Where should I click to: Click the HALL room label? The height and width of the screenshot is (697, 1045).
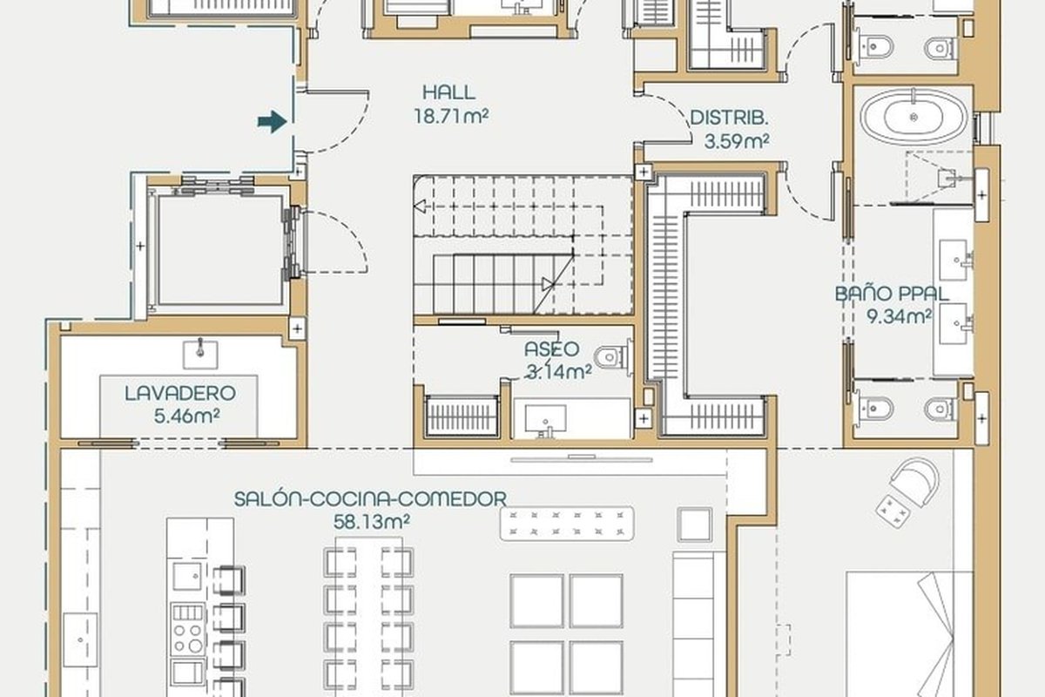pos(448,92)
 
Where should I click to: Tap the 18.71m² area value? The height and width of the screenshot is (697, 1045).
pos(451,116)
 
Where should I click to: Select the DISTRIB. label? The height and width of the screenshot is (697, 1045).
pos(729,118)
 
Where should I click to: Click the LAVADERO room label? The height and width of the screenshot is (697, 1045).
pos(180,394)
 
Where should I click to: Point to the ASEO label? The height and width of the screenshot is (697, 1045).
pos(551,349)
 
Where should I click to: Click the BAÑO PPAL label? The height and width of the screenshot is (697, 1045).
pos(892,294)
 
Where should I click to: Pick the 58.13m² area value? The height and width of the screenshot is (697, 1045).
pos(372,522)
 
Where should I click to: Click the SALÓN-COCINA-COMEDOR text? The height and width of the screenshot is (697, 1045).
pos(370,499)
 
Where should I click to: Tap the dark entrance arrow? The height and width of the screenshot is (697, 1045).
pos(272,122)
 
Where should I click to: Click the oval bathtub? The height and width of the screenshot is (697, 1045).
pos(914,117)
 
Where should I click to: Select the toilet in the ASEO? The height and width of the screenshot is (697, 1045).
pos(612,357)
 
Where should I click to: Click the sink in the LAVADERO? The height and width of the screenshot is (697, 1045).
pos(199,355)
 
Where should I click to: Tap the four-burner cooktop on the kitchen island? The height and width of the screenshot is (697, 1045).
pos(188,629)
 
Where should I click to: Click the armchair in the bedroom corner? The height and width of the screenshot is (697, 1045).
pos(914,483)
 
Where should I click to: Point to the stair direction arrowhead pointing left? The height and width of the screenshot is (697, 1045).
pos(420,206)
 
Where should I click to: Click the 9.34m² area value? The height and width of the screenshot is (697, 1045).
pos(899,316)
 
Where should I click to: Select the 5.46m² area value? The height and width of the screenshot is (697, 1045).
pos(186,416)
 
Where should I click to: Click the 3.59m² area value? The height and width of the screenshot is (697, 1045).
pos(737,140)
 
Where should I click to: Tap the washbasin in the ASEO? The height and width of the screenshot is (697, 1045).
pos(545,420)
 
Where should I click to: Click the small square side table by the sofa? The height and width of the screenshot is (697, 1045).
pos(694,524)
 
